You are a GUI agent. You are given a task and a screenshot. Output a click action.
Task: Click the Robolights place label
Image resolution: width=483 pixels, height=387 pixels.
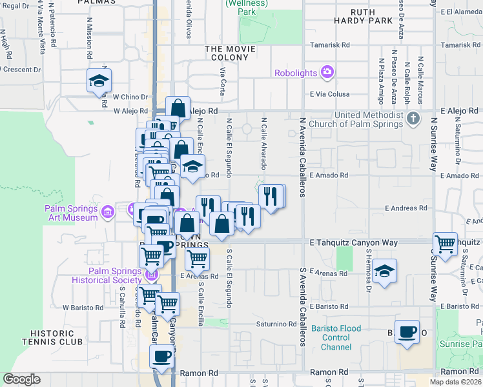(x=296, y=72)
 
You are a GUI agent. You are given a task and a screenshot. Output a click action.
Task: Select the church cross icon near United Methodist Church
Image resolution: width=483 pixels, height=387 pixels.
(x=415, y=119)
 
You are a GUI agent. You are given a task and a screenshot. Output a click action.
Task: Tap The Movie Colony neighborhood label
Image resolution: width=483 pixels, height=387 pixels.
(x=227, y=53)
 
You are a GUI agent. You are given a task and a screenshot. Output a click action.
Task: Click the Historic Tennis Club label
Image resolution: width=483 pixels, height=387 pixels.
(x=56, y=337)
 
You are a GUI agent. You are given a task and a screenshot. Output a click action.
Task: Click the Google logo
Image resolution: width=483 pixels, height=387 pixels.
(x=22, y=379)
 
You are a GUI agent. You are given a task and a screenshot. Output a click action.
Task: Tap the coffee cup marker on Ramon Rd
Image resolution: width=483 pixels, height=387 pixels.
(x=161, y=355)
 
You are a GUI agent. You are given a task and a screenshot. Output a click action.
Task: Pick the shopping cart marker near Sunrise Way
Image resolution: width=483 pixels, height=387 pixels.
(x=445, y=243)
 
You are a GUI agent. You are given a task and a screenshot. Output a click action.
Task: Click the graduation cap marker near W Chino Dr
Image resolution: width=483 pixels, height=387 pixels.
(x=99, y=80)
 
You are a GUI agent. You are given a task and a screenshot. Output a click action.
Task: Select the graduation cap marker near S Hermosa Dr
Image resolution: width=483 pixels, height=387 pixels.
(x=384, y=270)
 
